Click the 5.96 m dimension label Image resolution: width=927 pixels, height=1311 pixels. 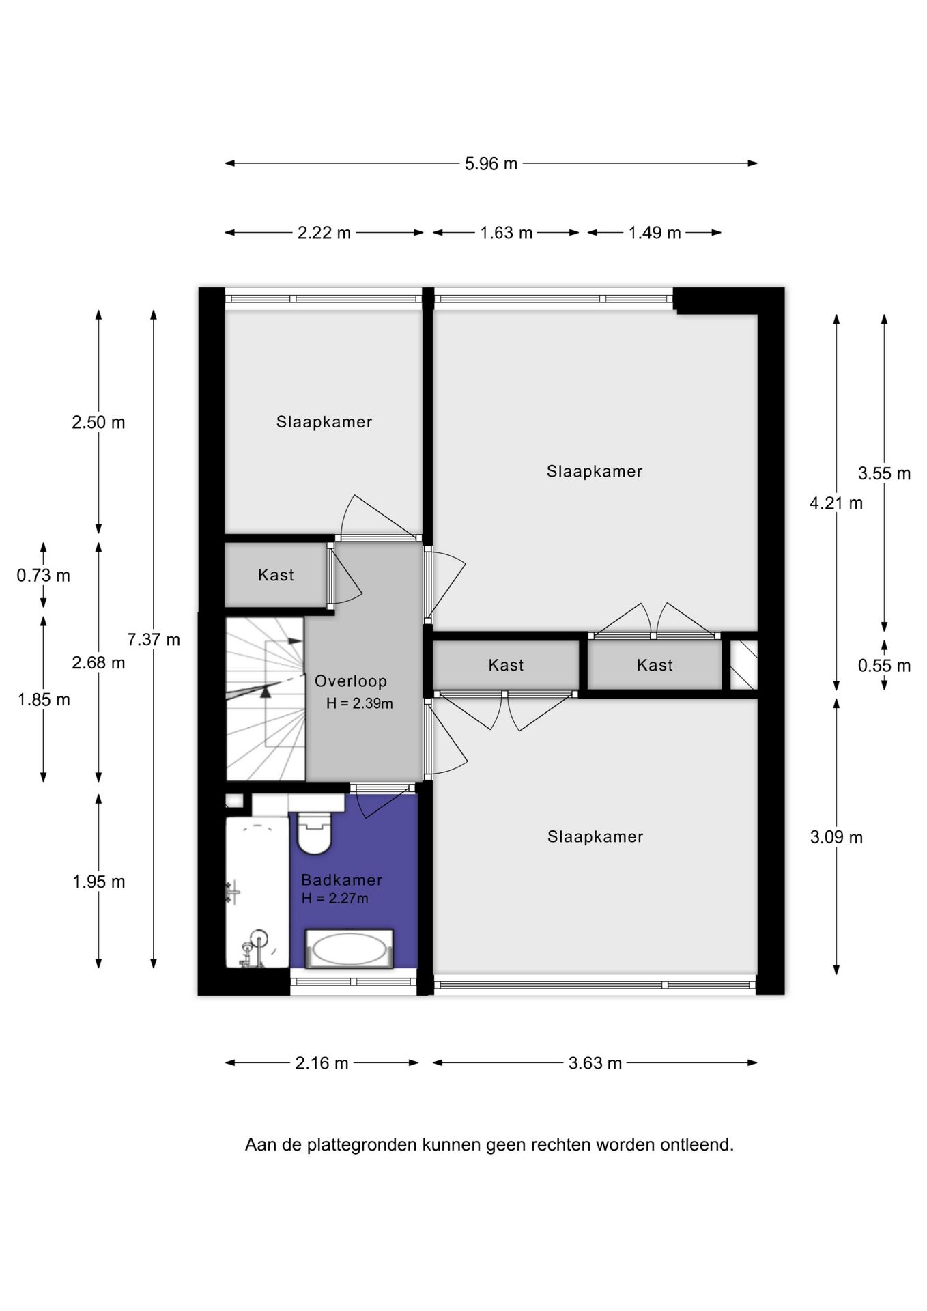pyautogui.click(x=491, y=164)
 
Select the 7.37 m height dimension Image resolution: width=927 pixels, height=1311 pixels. pyautogui.click(x=154, y=640)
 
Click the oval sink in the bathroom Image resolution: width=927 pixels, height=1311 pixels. pyautogui.click(x=349, y=948)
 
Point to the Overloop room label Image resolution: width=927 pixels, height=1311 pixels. pyautogui.click(x=351, y=681)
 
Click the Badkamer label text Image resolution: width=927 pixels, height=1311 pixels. pyautogui.click(x=342, y=880)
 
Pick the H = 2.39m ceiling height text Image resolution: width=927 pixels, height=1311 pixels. pyautogui.click(x=360, y=703)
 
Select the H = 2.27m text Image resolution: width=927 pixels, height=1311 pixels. pyautogui.click(x=335, y=899)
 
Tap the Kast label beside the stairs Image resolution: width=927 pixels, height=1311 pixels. pyautogui.click(x=276, y=575)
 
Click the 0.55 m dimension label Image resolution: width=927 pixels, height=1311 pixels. pyautogui.click(x=884, y=666)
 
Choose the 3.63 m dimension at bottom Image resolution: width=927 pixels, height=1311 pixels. pyautogui.click(x=595, y=1063)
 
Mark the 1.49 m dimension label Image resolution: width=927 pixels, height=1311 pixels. pyautogui.click(x=655, y=233)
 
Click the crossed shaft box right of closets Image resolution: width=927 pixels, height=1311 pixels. pyautogui.click(x=743, y=665)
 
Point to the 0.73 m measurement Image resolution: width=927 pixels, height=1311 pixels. pyautogui.click(x=43, y=576)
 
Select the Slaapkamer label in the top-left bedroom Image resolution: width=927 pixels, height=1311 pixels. pyautogui.click(x=324, y=422)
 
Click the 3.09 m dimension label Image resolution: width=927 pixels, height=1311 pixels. pyautogui.click(x=836, y=837)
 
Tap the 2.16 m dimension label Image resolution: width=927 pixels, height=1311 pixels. pyautogui.click(x=322, y=1063)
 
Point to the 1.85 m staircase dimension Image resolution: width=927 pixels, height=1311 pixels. pyautogui.click(x=44, y=700)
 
